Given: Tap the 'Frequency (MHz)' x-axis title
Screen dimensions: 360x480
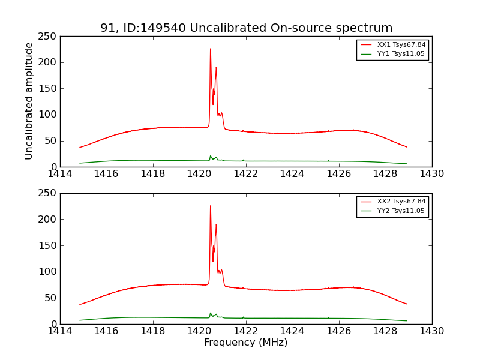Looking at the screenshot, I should tap(245, 343).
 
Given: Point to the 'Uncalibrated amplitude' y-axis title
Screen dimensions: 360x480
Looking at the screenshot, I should tap(29, 101).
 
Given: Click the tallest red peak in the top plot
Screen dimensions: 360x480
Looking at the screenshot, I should tap(210, 49).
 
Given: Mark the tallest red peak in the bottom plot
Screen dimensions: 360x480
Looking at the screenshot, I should tap(210, 206).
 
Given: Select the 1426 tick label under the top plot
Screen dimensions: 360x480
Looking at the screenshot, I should tap(338, 174).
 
